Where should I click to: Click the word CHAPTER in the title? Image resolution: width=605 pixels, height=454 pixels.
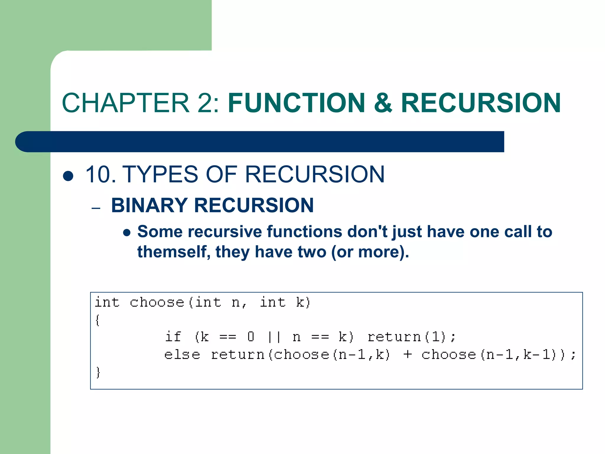tap(126, 103)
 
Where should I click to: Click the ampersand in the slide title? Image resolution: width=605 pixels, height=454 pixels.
tap(383, 103)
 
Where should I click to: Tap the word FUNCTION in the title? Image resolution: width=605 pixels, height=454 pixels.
tap(297, 103)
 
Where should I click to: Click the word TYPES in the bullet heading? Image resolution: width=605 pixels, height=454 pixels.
tap(160, 174)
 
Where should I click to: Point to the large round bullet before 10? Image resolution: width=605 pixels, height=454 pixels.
tap(68, 176)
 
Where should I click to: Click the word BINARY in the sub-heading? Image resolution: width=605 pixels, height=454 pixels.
tap(149, 205)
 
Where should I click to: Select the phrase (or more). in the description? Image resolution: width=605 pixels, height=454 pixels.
tap(370, 252)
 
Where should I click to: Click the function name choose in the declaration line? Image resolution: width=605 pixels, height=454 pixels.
tap(157, 302)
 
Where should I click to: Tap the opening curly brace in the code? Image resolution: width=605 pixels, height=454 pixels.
tap(97, 320)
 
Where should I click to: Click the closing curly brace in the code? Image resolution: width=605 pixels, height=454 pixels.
tap(98, 372)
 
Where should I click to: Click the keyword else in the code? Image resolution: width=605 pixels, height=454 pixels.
tap(182, 355)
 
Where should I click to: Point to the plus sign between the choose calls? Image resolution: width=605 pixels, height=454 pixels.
tap(407, 355)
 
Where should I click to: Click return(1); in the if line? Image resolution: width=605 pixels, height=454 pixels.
tap(412, 337)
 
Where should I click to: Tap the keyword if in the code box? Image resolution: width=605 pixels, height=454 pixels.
tap(173, 337)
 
